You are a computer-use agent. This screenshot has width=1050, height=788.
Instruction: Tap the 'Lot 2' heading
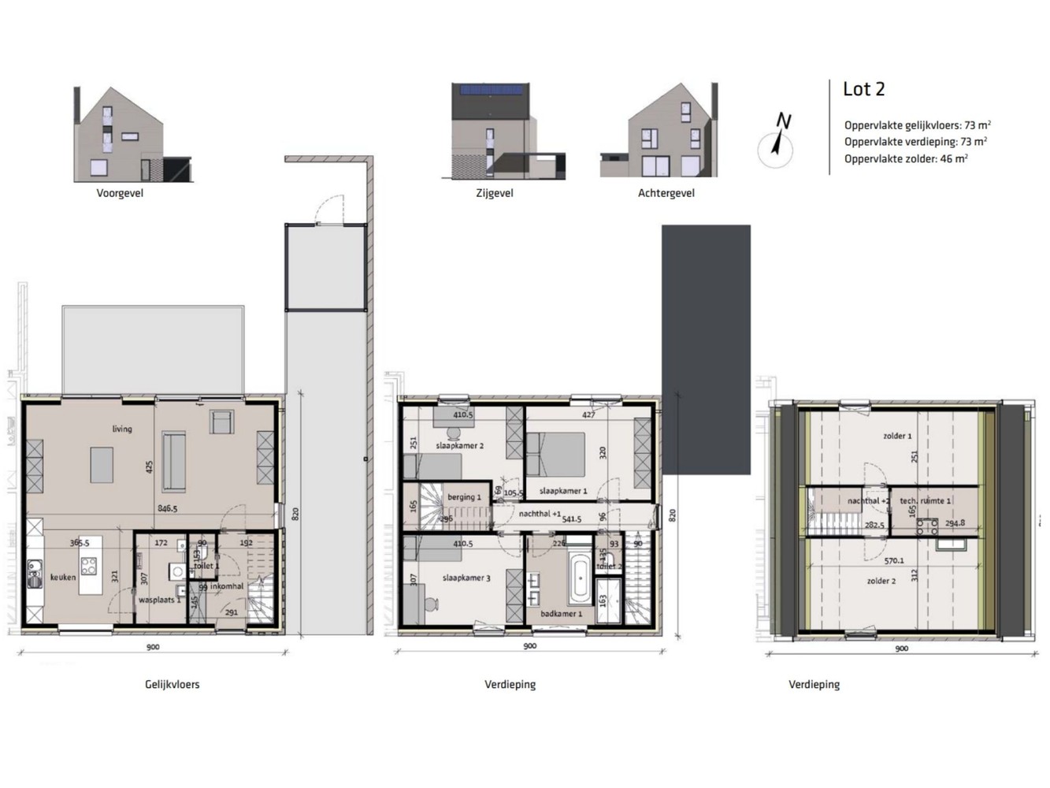[x=863, y=89]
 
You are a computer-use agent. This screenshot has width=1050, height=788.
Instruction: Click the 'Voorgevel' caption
[x=120, y=193]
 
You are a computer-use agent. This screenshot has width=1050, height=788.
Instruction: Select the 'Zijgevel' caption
[x=495, y=193]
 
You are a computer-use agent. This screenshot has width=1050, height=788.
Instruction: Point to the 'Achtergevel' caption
[x=666, y=193]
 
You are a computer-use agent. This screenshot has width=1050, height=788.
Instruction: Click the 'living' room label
[x=122, y=429]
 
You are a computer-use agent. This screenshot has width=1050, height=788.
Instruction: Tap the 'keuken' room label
[x=63, y=578]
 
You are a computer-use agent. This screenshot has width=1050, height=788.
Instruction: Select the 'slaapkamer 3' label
[x=466, y=578]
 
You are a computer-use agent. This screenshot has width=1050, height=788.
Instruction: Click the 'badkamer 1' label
[x=562, y=614]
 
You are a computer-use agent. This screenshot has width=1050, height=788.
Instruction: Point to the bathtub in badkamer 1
[x=580, y=580]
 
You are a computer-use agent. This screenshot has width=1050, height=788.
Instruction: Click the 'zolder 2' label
[x=881, y=582]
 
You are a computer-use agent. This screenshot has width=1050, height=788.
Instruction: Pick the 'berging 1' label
[x=464, y=497]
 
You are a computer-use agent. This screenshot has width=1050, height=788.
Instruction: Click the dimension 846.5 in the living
[x=167, y=509]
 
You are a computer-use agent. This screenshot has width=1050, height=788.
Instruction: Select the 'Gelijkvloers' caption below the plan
[x=173, y=685]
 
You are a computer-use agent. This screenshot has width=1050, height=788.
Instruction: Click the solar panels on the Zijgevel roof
[x=493, y=90]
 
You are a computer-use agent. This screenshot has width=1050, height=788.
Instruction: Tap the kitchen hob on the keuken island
[x=88, y=565]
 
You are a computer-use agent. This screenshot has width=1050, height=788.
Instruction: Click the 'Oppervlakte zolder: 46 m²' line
[x=906, y=159]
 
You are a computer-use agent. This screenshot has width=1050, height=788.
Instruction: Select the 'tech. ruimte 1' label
[x=926, y=501]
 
